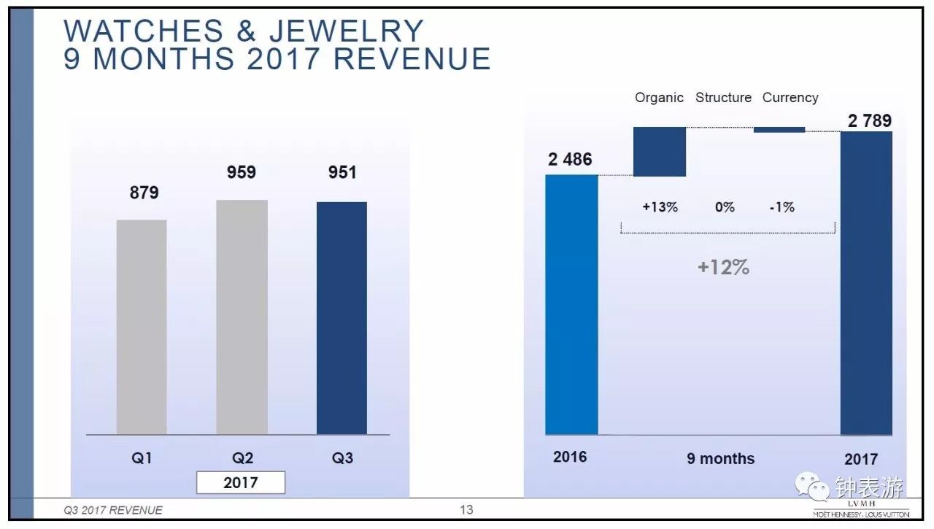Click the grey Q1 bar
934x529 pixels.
142,327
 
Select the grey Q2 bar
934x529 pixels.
242,317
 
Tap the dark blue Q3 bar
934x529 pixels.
341,318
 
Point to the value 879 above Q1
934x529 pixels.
144,193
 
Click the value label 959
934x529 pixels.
242,172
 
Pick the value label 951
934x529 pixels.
342,172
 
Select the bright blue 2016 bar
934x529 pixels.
571,304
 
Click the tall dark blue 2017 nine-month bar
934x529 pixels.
866,283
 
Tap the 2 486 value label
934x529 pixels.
570,159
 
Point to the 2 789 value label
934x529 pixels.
870,121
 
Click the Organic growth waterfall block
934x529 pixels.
660,152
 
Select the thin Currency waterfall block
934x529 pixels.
779,130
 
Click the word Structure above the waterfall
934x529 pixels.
723,98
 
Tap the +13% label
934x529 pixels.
660,207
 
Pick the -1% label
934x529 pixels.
781,207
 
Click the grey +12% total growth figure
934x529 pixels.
723,267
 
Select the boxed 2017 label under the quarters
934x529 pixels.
241,483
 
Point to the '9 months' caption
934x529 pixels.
720,459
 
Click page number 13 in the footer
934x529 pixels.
466,510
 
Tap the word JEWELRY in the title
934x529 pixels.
347,31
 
